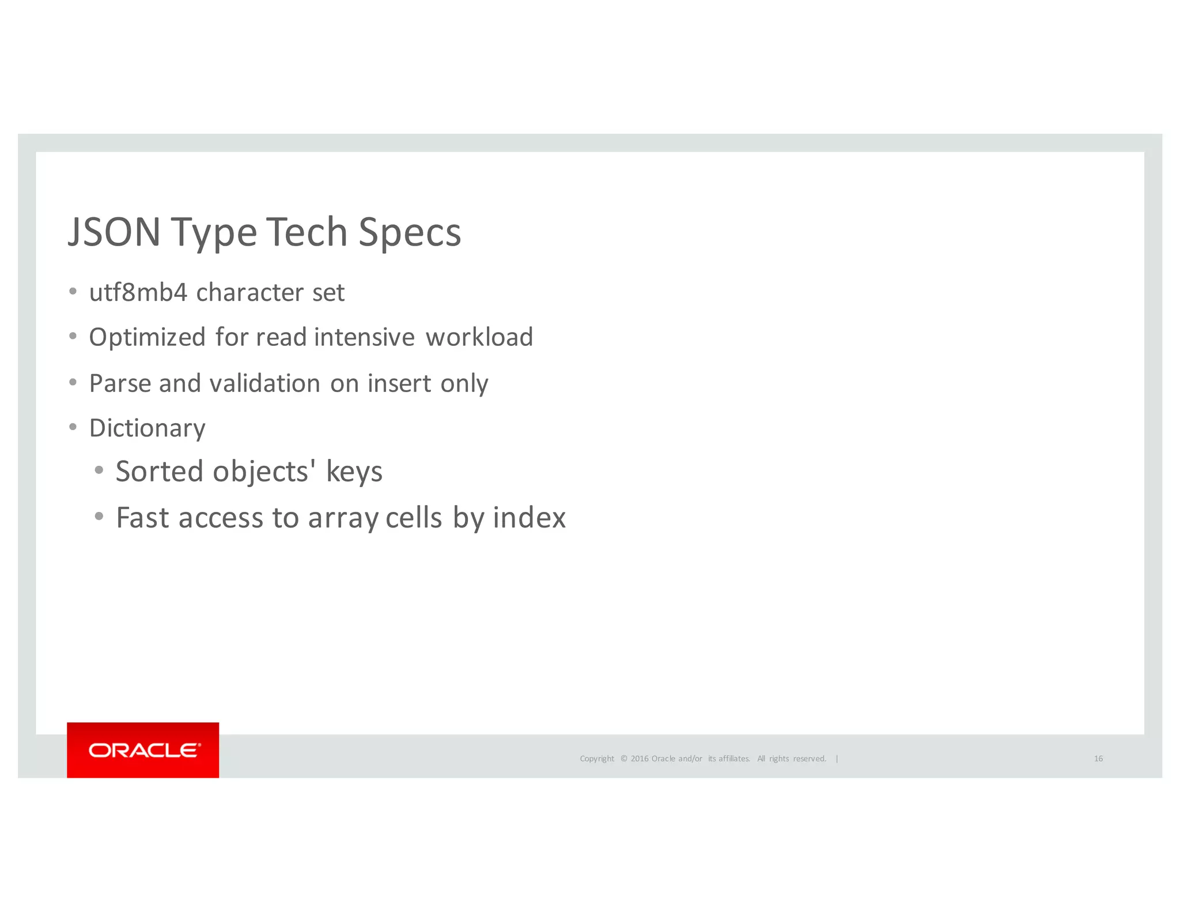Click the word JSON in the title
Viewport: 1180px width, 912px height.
click(x=114, y=232)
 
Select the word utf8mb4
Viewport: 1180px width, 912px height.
click(x=138, y=293)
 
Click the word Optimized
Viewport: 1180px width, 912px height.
click(x=147, y=338)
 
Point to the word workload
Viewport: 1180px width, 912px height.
click(x=479, y=338)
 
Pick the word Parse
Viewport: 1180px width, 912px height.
click(x=120, y=383)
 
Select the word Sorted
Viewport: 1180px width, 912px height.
click(x=160, y=472)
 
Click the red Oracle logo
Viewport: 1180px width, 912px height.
click(x=143, y=750)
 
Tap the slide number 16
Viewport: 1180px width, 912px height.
click(x=1098, y=759)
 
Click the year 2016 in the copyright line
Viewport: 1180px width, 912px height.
click(x=640, y=759)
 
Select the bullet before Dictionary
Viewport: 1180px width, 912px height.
click(x=73, y=427)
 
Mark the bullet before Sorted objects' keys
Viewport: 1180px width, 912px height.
click(x=99, y=470)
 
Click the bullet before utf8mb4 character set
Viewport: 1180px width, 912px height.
click(x=73, y=292)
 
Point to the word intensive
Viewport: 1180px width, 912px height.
click(x=364, y=338)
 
